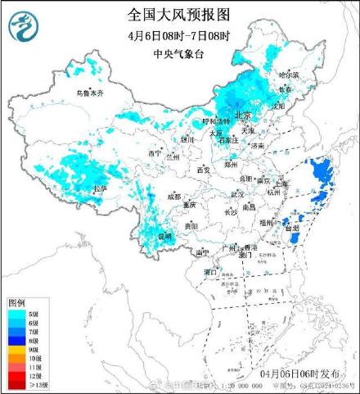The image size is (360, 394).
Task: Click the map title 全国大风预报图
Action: pyautogui.click(x=179, y=14)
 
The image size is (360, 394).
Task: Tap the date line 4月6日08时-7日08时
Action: pyautogui.click(x=179, y=35)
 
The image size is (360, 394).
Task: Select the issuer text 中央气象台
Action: pyautogui.click(x=179, y=55)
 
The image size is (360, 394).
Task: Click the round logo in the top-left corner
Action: pyautogui.click(x=24, y=28)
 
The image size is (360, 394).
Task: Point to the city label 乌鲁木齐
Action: pyautogui.click(x=90, y=94)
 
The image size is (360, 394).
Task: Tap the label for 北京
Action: pyautogui.click(x=241, y=115)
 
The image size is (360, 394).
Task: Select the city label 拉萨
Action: pyautogui.click(x=100, y=188)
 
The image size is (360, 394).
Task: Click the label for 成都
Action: pyautogui.click(x=173, y=197)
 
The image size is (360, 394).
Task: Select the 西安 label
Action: pyautogui.click(x=204, y=170)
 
